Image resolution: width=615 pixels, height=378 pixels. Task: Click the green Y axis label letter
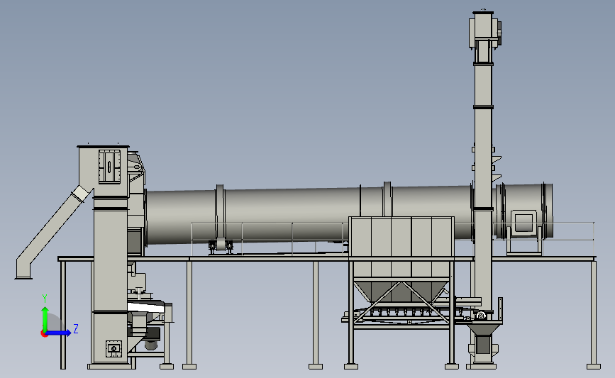click(x=45, y=299)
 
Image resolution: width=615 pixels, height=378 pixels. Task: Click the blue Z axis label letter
click(x=76, y=328)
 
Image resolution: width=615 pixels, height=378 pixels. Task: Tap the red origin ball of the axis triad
click(x=44, y=333)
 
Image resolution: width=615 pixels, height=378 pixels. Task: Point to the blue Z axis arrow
click(x=59, y=333)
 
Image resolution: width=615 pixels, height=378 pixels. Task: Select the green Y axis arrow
click(x=45, y=319)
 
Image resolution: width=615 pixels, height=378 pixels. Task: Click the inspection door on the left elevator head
click(x=109, y=166)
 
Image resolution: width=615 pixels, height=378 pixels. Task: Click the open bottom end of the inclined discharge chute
click(x=23, y=277)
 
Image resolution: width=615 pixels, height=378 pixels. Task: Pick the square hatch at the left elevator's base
click(x=113, y=349)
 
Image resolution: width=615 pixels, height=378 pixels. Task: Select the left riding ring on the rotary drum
click(x=220, y=213)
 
